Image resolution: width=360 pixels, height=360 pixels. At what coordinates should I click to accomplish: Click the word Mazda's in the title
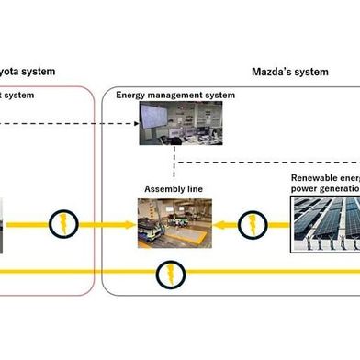(273, 71)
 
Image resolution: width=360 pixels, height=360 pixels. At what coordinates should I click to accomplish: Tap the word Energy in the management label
(130, 96)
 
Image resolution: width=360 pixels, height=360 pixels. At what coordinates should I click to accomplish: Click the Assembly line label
(173, 189)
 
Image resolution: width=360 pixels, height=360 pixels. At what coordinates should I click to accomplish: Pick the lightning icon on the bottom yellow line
(168, 272)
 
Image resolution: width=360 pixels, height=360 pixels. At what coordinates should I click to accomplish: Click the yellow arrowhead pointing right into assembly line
(129, 222)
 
